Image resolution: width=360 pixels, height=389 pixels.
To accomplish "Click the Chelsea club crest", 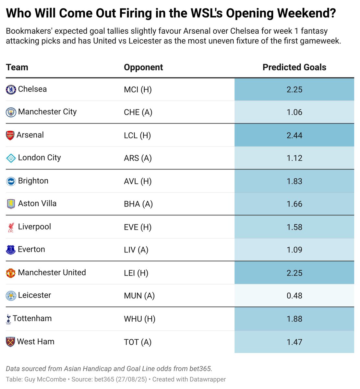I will pyautogui.click(x=11, y=89).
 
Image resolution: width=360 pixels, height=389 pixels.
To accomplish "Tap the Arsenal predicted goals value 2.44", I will pyautogui.click(x=294, y=136).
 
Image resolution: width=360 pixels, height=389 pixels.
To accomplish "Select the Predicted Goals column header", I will pyautogui.click(x=294, y=67).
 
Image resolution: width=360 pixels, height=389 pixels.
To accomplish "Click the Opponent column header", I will pyautogui.click(x=143, y=67).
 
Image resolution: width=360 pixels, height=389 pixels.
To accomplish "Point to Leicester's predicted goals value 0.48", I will pyautogui.click(x=294, y=296).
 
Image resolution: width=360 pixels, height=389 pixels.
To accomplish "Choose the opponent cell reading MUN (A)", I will pyautogui.click(x=139, y=296).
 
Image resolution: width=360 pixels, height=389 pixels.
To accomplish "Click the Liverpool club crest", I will pyautogui.click(x=11, y=227).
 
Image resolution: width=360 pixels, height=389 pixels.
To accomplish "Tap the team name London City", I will pyautogui.click(x=39, y=158).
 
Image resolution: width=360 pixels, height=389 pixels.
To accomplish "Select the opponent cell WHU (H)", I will pyautogui.click(x=139, y=319).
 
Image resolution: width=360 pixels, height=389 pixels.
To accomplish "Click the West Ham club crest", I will pyautogui.click(x=11, y=342).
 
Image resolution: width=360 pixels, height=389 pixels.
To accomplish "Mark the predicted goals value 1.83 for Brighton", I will pyautogui.click(x=294, y=182).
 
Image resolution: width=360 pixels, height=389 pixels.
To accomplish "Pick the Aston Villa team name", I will pyautogui.click(x=37, y=204).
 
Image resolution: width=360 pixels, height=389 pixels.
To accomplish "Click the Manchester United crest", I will pyautogui.click(x=11, y=273).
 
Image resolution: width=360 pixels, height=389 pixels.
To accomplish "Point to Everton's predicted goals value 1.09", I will pyautogui.click(x=294, y=250).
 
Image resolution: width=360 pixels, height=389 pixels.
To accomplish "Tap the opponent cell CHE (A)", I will pyautogui.click(x=138, y=112).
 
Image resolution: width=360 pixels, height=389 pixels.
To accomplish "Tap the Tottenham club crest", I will pyautogui.click(x=8, y=319).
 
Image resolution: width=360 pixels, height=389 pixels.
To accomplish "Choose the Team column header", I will pyautogui.click(x=17, y=67).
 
